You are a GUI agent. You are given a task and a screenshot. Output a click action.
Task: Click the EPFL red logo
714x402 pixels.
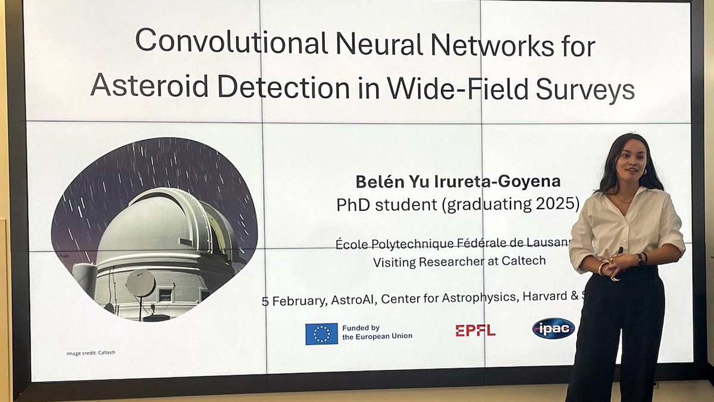click(x=475, y=331)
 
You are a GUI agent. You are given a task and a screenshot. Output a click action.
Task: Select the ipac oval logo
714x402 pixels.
click(x=553, y=328)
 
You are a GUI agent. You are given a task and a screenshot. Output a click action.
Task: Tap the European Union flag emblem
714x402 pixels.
click(x=321, y=334)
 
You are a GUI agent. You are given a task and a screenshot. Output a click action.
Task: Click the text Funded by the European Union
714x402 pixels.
click(x=377, y=332)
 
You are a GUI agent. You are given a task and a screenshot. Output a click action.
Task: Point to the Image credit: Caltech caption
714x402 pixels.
click(x=90, y=353)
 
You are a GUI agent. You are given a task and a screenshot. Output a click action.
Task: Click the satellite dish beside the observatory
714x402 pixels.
click(x=141, y=283)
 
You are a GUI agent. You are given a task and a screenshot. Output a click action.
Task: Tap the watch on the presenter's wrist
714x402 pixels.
click(x=640, y=259)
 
